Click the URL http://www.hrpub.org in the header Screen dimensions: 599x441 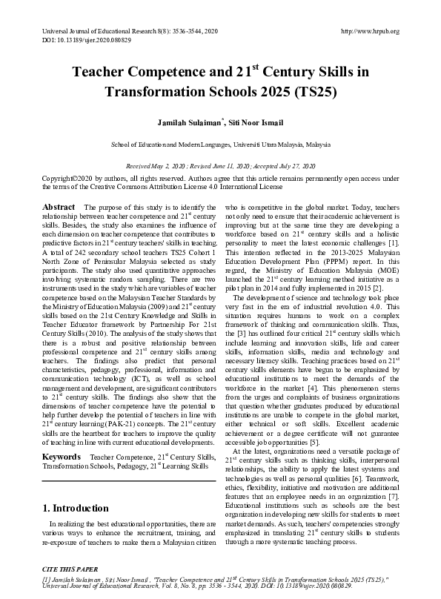[369, 31]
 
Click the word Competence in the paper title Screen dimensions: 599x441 [161, 73]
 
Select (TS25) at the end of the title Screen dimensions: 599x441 [315, 93]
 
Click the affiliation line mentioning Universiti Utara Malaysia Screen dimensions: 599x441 [220, 145]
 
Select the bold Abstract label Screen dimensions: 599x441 [59, 206]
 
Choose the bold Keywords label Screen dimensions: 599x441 [62, 437]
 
